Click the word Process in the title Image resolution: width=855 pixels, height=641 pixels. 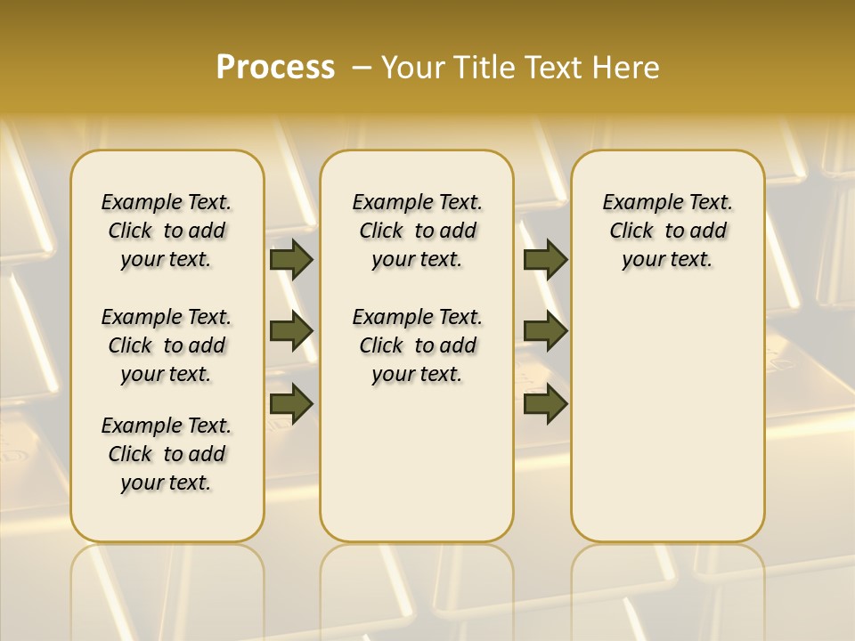coord(275,68)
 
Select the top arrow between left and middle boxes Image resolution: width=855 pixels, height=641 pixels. coord(291,259)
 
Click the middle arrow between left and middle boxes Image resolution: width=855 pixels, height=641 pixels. coord(291,331)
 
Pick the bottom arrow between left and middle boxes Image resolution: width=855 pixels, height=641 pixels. coord(291,403)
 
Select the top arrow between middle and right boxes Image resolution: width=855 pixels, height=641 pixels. coord(545,259)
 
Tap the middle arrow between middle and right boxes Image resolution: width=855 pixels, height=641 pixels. coord(545,331)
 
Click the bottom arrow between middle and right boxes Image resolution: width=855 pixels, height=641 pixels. coord(545,403)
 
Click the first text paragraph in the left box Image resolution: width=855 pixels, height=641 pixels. coord(167,231)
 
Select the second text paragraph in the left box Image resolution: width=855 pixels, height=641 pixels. coord(167,345)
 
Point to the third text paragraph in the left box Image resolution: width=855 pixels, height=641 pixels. coord(167,454)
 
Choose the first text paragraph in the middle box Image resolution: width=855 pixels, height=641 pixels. coord(417,231)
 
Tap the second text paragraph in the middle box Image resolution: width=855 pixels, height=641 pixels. coord(417,345)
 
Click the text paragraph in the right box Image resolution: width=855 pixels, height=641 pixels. coord(667,231)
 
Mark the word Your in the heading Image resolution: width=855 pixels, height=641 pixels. coord(412,68)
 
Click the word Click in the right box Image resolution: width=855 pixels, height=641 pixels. coord(631,231)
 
